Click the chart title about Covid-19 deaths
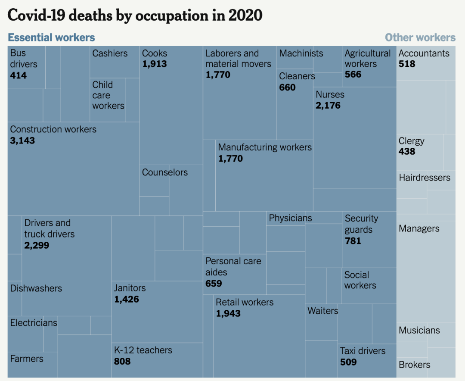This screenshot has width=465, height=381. [x=135, y=16]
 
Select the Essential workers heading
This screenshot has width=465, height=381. [x=52, y=37]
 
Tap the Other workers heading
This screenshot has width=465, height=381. [x=420, y=37]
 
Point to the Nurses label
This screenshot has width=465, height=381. [x=330, y=94]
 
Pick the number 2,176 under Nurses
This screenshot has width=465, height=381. [x=328, y=105]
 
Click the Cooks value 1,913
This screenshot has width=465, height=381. [x=155, y=64]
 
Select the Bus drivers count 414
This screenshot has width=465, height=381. [x=19, y=75]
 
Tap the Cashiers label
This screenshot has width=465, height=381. [x=110, y=53]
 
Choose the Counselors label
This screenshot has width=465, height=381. [x=165, y=172]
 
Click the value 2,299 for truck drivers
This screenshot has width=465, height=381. [x=37, y=245]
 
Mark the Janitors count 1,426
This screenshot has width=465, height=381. [x=127, y=299]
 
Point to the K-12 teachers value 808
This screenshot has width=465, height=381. [x=122, y=361]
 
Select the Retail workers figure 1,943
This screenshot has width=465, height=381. [x=228, y=313]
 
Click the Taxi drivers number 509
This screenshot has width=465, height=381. [x=348, y=362]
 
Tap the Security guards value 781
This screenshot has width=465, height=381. [x=353, y=240]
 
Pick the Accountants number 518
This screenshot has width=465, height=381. [x=407, y=64]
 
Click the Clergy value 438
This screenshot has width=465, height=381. [x=407, y=151]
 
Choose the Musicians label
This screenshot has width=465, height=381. [x=419, y=331]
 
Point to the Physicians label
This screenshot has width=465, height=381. [x=290, y=218]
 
